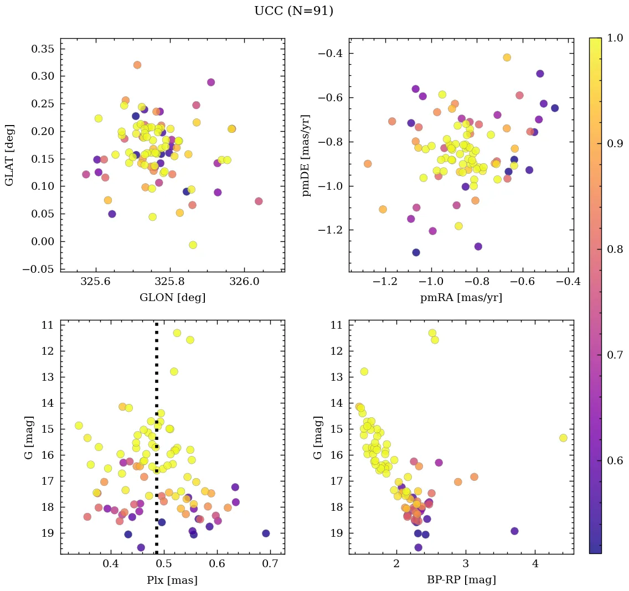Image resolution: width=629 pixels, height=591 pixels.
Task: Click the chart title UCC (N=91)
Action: [x=293, y=11]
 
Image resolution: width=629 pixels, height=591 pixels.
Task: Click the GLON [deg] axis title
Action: [x=172, y=298]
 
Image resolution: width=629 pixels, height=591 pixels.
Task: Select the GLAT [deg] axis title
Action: [x=9, y=155]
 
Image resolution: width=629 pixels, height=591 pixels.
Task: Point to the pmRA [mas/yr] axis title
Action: [x=461, y=298]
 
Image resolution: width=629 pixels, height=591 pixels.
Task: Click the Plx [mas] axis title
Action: [x=172, y=580]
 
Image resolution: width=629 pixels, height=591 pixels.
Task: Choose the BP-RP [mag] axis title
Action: [x=461, y=580]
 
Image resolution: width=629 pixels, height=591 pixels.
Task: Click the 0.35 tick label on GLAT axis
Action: [x=42, y=49]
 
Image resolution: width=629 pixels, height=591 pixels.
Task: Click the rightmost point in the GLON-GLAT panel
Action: [x=259, y=201]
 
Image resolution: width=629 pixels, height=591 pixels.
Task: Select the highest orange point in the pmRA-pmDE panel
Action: [x=507, y=58]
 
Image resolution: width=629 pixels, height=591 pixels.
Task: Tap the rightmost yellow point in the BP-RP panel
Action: [x=563, y=438]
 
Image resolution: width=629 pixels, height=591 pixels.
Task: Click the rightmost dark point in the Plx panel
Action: [x=266, y=533]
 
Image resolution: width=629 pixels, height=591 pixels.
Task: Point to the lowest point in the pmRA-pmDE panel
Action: [x=416, y=252]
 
